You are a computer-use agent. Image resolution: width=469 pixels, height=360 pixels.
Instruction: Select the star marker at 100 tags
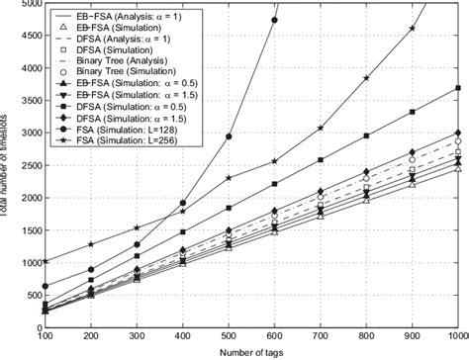[46, 262]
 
